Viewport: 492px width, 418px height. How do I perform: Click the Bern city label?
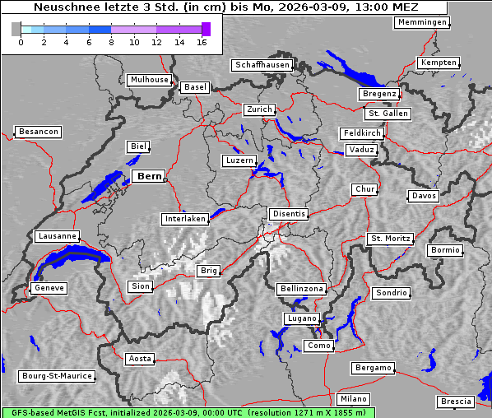[149, 176]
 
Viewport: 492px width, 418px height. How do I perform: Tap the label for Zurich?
[258, 109]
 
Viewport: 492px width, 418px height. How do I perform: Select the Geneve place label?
[48, 288]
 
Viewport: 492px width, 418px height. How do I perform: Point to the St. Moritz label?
[390, 239]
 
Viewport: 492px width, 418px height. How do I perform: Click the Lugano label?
[301, 318]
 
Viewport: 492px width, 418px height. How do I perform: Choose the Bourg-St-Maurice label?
[57, 376]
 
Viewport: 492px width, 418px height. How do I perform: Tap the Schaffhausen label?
[262, 64]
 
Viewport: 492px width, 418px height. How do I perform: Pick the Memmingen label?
[422, 22]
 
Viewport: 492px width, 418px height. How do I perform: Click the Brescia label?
[456, 402]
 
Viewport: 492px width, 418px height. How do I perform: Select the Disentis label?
[289, 214]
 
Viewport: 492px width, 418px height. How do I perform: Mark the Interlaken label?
[185, 219]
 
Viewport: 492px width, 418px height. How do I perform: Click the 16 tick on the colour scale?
[202, 41]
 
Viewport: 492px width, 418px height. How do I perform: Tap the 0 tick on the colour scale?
[21, 41]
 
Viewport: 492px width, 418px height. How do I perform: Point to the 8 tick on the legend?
[111, 41]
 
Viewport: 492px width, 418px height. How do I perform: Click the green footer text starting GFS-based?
[188, 412]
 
